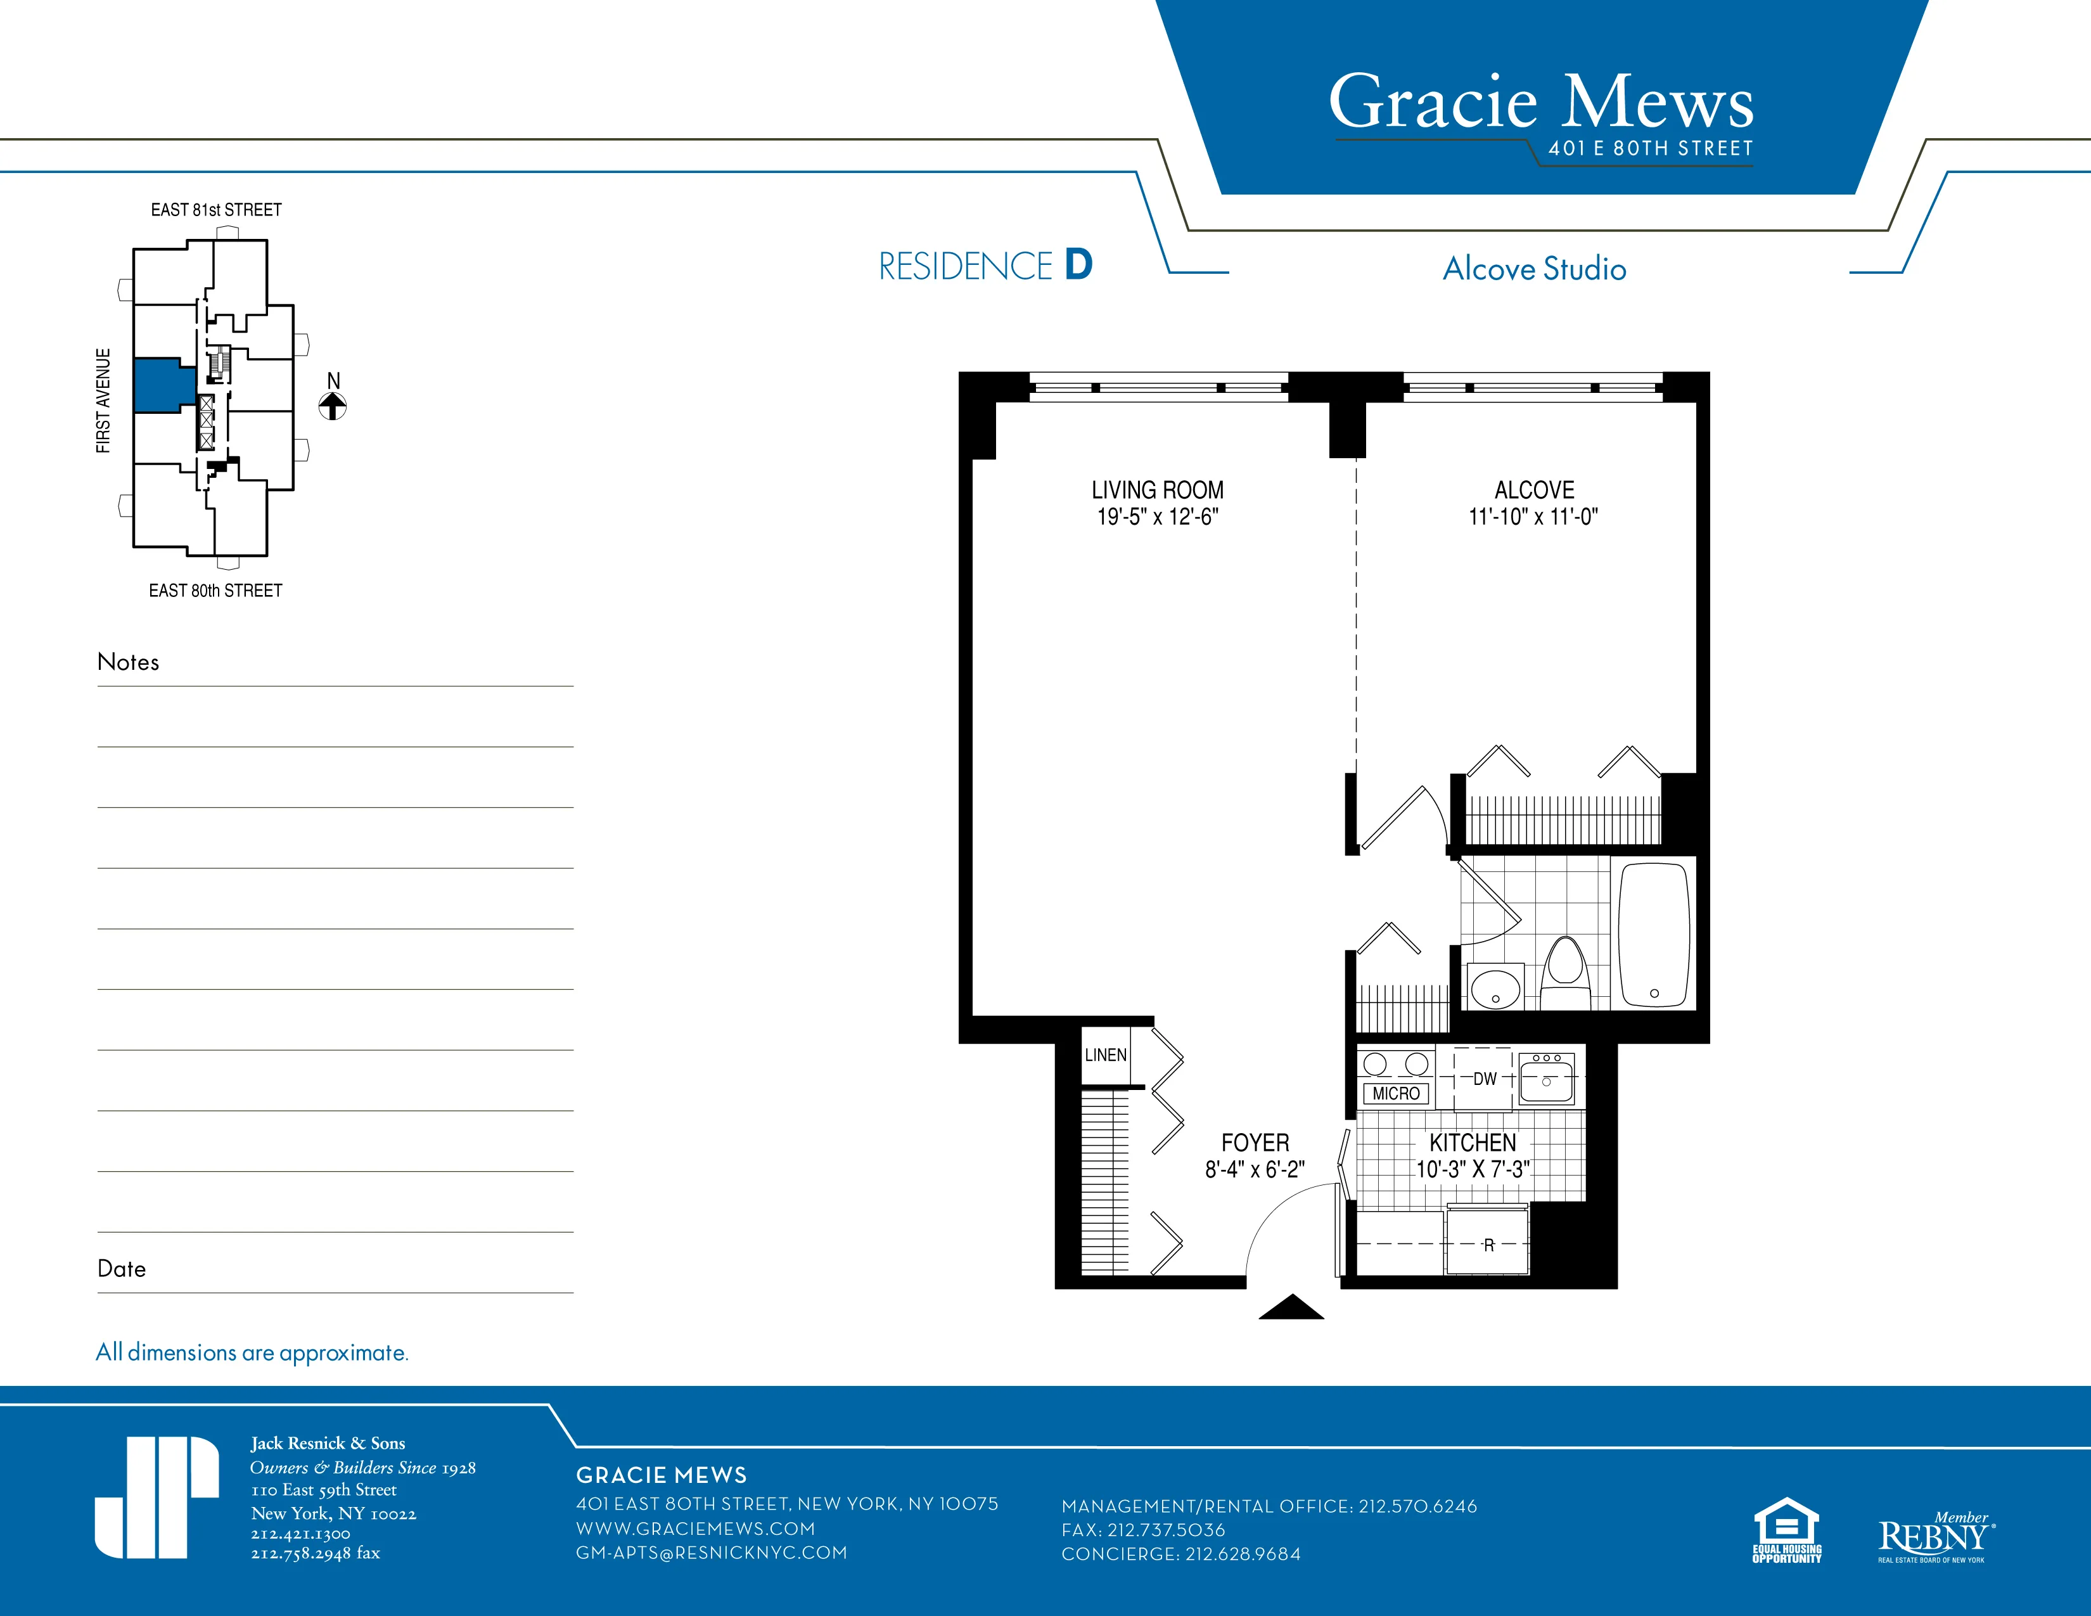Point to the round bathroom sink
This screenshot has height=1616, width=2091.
tap(1495, 987)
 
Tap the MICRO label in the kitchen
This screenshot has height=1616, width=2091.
tap(1395, 1093)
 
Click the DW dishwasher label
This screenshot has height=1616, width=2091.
tap(1484, 1079)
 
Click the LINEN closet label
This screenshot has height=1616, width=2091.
tap(1105, 1055)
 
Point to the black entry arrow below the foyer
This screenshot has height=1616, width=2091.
tap(1291, 1308)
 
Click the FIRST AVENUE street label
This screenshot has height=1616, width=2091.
tap(103, 400)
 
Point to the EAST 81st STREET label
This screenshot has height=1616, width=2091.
tap(215, 210)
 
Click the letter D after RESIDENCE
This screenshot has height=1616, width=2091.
tap(1078, 265)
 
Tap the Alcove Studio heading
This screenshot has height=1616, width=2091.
tap(1534, 269)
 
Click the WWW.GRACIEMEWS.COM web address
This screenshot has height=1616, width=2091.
tap(695, 1529)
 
